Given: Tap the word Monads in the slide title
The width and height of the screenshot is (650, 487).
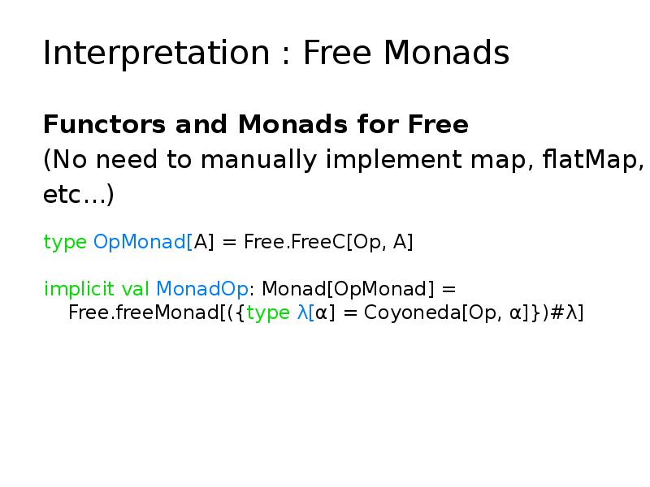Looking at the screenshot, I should (x=446, y=54).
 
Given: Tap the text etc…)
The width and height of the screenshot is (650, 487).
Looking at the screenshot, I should (x=78, y=196).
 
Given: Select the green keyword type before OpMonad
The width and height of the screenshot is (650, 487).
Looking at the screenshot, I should (x=66, y=242).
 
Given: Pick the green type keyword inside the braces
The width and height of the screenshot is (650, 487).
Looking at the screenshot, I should (x=267, y=312).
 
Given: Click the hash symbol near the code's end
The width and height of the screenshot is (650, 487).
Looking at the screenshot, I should (x=557, y=312).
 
